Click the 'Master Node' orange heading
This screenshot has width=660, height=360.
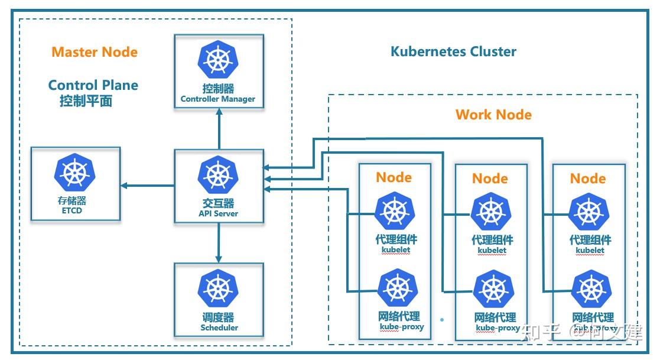pos(95,52)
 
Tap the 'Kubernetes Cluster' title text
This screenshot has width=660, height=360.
pos(453,51)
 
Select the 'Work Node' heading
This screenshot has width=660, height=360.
pos(493,115)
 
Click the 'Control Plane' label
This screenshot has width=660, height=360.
pos(93,85)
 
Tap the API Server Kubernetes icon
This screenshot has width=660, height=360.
pos(219,175)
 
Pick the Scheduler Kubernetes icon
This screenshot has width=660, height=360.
pos(219,289)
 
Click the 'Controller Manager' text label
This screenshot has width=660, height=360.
pos(218,99)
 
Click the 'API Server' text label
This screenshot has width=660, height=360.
pos(219,213)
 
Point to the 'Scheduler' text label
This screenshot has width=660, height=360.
pos(219,327)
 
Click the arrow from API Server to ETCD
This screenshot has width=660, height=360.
pos(148,186)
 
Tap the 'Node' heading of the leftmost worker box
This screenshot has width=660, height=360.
pos(394,177)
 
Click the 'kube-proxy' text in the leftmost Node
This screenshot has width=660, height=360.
pos(402,327)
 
